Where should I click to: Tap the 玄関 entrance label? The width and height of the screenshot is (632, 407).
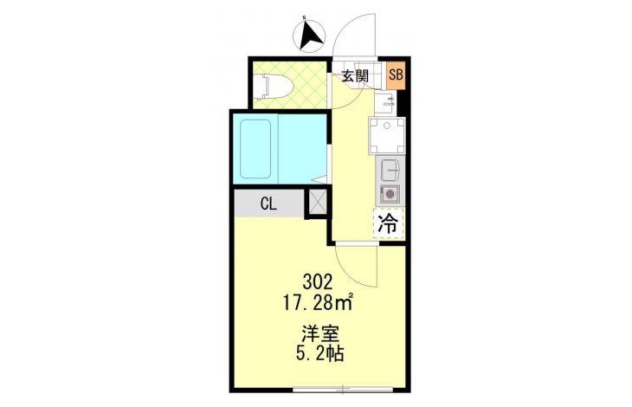[355, 75]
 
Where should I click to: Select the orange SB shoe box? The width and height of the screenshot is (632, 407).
[396, 75]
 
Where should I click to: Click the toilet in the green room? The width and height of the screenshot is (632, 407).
[274, 87]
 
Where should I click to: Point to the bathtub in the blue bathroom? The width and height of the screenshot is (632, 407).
[255, 149]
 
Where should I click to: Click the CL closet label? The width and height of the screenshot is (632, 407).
[268, 203]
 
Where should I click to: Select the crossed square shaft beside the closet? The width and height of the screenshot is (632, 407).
[317, 203]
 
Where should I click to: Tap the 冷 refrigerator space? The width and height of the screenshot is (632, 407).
[389, 223]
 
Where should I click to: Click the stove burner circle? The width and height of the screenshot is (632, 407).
[390, 194]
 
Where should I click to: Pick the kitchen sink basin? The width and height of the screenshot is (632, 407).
[390, 171]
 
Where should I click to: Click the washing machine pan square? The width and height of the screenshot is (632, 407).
[386, 135]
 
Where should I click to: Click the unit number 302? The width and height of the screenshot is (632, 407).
[318, 282]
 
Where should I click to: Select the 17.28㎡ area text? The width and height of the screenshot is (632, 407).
[318, 303]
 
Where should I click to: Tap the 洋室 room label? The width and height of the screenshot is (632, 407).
[320, 334]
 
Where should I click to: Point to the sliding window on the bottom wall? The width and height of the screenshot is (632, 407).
[343, 390]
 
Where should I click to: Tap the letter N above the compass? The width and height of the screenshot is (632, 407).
[305, 18]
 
